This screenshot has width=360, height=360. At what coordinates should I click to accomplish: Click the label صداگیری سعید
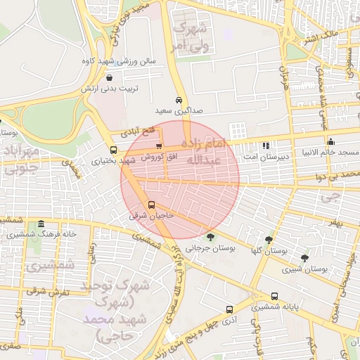click(179, 111)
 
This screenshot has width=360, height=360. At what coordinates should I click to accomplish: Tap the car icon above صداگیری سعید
click(179, 100)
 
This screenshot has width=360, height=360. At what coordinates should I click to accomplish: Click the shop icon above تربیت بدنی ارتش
click(110, 77)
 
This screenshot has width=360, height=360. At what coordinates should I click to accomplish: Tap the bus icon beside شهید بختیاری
click(114, 150)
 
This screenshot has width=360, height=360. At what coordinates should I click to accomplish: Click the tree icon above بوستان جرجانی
click(210, 237)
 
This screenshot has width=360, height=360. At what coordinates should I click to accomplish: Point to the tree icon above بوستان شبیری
click(304, 258)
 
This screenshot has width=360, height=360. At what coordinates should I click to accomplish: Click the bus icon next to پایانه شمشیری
click(274, 297)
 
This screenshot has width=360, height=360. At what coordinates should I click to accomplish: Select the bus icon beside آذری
click(230, 309)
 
